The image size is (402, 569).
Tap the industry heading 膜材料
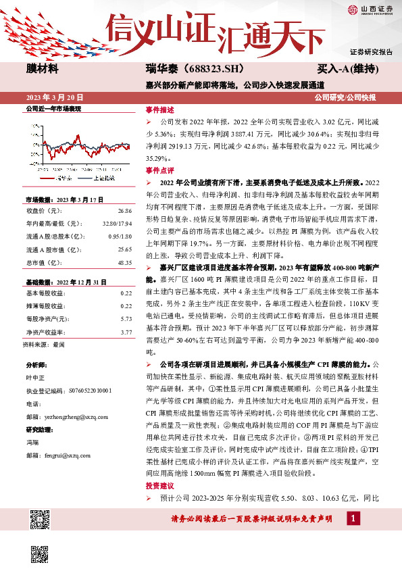43,69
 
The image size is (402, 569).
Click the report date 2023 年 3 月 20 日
55,97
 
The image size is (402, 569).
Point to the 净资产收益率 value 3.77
125,332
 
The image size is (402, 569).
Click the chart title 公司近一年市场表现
53,108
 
